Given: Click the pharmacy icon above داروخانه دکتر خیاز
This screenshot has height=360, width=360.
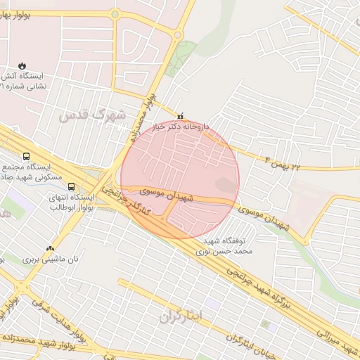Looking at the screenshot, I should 181,117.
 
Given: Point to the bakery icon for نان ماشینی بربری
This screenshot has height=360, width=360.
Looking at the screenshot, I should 50,247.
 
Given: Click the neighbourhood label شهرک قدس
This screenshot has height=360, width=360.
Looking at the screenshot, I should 92,114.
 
